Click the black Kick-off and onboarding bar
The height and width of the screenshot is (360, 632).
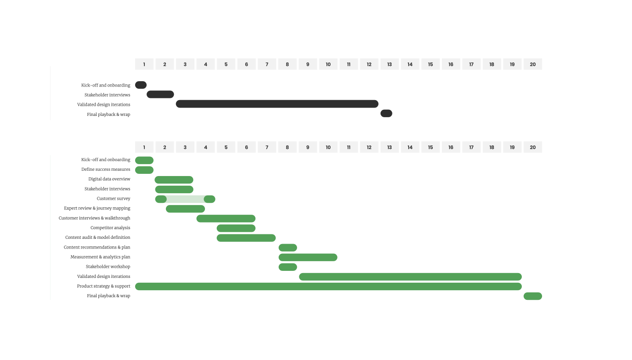coord(140,85)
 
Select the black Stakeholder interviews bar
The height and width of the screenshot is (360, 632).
coord(160,94)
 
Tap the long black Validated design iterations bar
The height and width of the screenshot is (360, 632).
coord(277,104)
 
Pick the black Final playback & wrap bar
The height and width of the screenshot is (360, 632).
coord(386,113)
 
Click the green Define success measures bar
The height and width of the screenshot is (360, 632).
coord(144,170)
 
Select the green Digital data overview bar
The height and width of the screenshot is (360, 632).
coord(174,180)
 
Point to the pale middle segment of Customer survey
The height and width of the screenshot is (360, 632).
coord(185,199)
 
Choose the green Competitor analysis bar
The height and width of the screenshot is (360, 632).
coord(236,228)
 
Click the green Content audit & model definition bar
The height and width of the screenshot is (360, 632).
coord(246,238)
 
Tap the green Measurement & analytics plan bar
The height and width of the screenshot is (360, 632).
coord(308,257)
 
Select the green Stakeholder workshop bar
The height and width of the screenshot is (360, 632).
coord(288,267)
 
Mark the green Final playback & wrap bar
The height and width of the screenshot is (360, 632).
coord(533,296)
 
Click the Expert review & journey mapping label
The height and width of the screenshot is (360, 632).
coord(97,209)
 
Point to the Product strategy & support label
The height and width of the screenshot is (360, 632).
coord(104,286)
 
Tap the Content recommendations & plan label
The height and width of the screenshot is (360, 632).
coord(97,247)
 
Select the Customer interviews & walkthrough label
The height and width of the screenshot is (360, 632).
coord(94,218)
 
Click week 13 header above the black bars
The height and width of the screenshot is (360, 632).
coord(390,64)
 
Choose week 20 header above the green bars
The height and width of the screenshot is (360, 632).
coord(533,147)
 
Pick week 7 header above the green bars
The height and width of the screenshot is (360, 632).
coord(267,147)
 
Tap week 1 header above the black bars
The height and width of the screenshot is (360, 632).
coord(144,64)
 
